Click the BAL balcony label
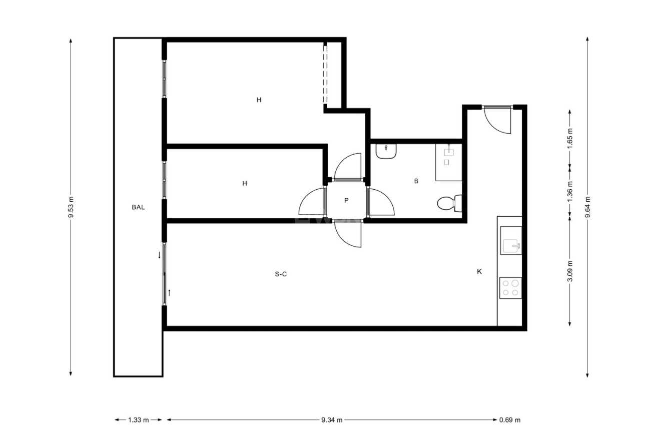coord(138,207)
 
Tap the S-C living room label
coord(281,274)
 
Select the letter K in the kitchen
coord(479,272)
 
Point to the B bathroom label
coord(416,181)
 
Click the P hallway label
coord(346,200)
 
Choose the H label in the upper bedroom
coord(259,100)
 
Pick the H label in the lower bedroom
coord(245,183)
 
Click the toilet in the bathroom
coord(449,203)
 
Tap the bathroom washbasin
coord(386,151)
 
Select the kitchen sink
coord(511,240)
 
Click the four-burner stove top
coord(510,288)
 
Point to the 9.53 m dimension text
coord(71,207)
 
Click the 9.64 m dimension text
coord(587,207)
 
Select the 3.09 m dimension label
coord(569,271)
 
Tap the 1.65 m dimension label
coord(569,139)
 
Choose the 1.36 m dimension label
coord(569,192)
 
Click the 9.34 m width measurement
coord(332,420)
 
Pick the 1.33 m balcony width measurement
coord(139,420)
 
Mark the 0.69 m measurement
coord(510,420)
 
